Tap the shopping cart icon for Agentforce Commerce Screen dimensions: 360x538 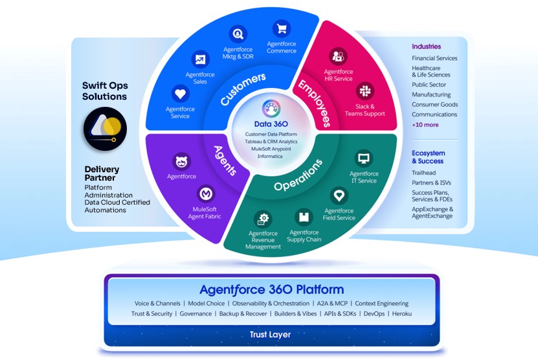(x=281, y=29)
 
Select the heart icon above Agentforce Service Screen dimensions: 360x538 (x=181, y=93)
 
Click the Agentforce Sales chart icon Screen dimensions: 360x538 (x=201, y=60)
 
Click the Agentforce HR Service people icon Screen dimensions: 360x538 (x=338, y=56)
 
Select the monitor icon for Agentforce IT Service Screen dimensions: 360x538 (x=363, y=158)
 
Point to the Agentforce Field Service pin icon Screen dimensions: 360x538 (x=339, y=195)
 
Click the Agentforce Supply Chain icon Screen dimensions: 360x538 (x=304, y=217)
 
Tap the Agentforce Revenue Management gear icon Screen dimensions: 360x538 (x=263, y=218)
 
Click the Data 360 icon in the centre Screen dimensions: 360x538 (x=271, y=109)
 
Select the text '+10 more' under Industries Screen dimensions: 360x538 (x=425, y=125)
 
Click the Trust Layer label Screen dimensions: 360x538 (x=270, y=335)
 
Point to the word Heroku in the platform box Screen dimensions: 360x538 (x=402, y=314)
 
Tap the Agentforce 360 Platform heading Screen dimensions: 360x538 (x=271, y=289)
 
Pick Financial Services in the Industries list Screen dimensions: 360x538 (x=434, y=58)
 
